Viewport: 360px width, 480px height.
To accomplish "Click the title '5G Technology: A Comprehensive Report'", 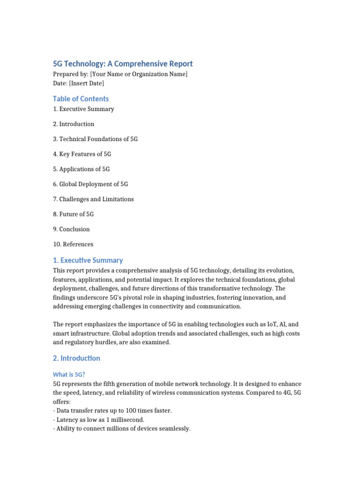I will click(x=122, y=64).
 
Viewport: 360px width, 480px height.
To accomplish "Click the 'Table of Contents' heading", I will click(x=81, y=98).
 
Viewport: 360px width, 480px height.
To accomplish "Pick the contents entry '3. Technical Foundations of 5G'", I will click(x=95, y=139).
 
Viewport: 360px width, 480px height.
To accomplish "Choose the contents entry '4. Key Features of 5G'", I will click(x=82, y=154).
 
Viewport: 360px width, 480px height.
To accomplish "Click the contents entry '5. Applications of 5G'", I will click(x=81, y=169).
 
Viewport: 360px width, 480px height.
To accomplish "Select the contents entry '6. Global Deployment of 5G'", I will click(x=90, y=184).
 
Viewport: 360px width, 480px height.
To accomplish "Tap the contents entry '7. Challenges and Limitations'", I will click(x=93, y=199).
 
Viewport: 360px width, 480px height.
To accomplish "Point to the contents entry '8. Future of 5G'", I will click(x=73, y=214).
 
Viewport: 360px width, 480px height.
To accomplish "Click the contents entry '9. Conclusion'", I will click(x=71, y=229).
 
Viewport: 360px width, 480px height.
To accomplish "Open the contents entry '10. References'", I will click(x=73, y=244).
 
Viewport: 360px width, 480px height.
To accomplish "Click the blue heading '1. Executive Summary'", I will click(x=88, y=260).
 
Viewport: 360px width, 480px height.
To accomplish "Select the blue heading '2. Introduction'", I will click(x=76, y=358).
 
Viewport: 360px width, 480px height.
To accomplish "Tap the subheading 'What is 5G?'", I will click(x=68, y=374).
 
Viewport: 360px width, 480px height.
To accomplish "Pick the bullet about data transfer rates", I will click(x=112, y=411).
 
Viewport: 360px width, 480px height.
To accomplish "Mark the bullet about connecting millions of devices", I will click(x=121, y=428).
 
